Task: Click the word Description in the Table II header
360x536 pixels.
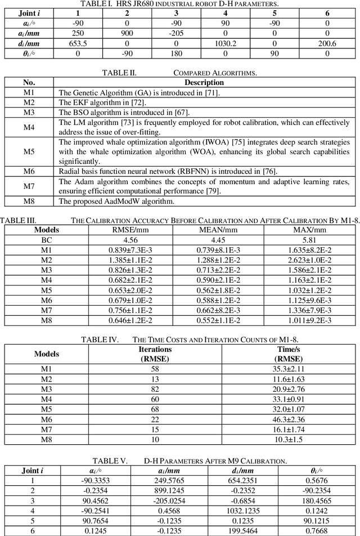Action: (204, 83)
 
